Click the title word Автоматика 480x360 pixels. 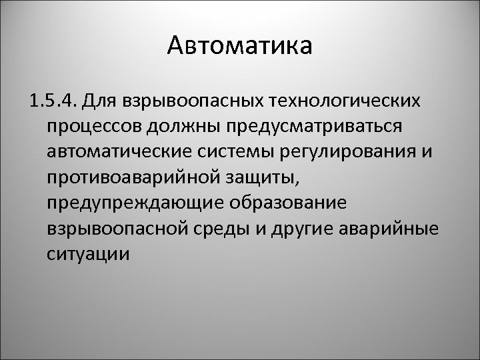pyautogui.click(x=239, y=47)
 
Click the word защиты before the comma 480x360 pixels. pyautogui.click(x=254, y=178)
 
